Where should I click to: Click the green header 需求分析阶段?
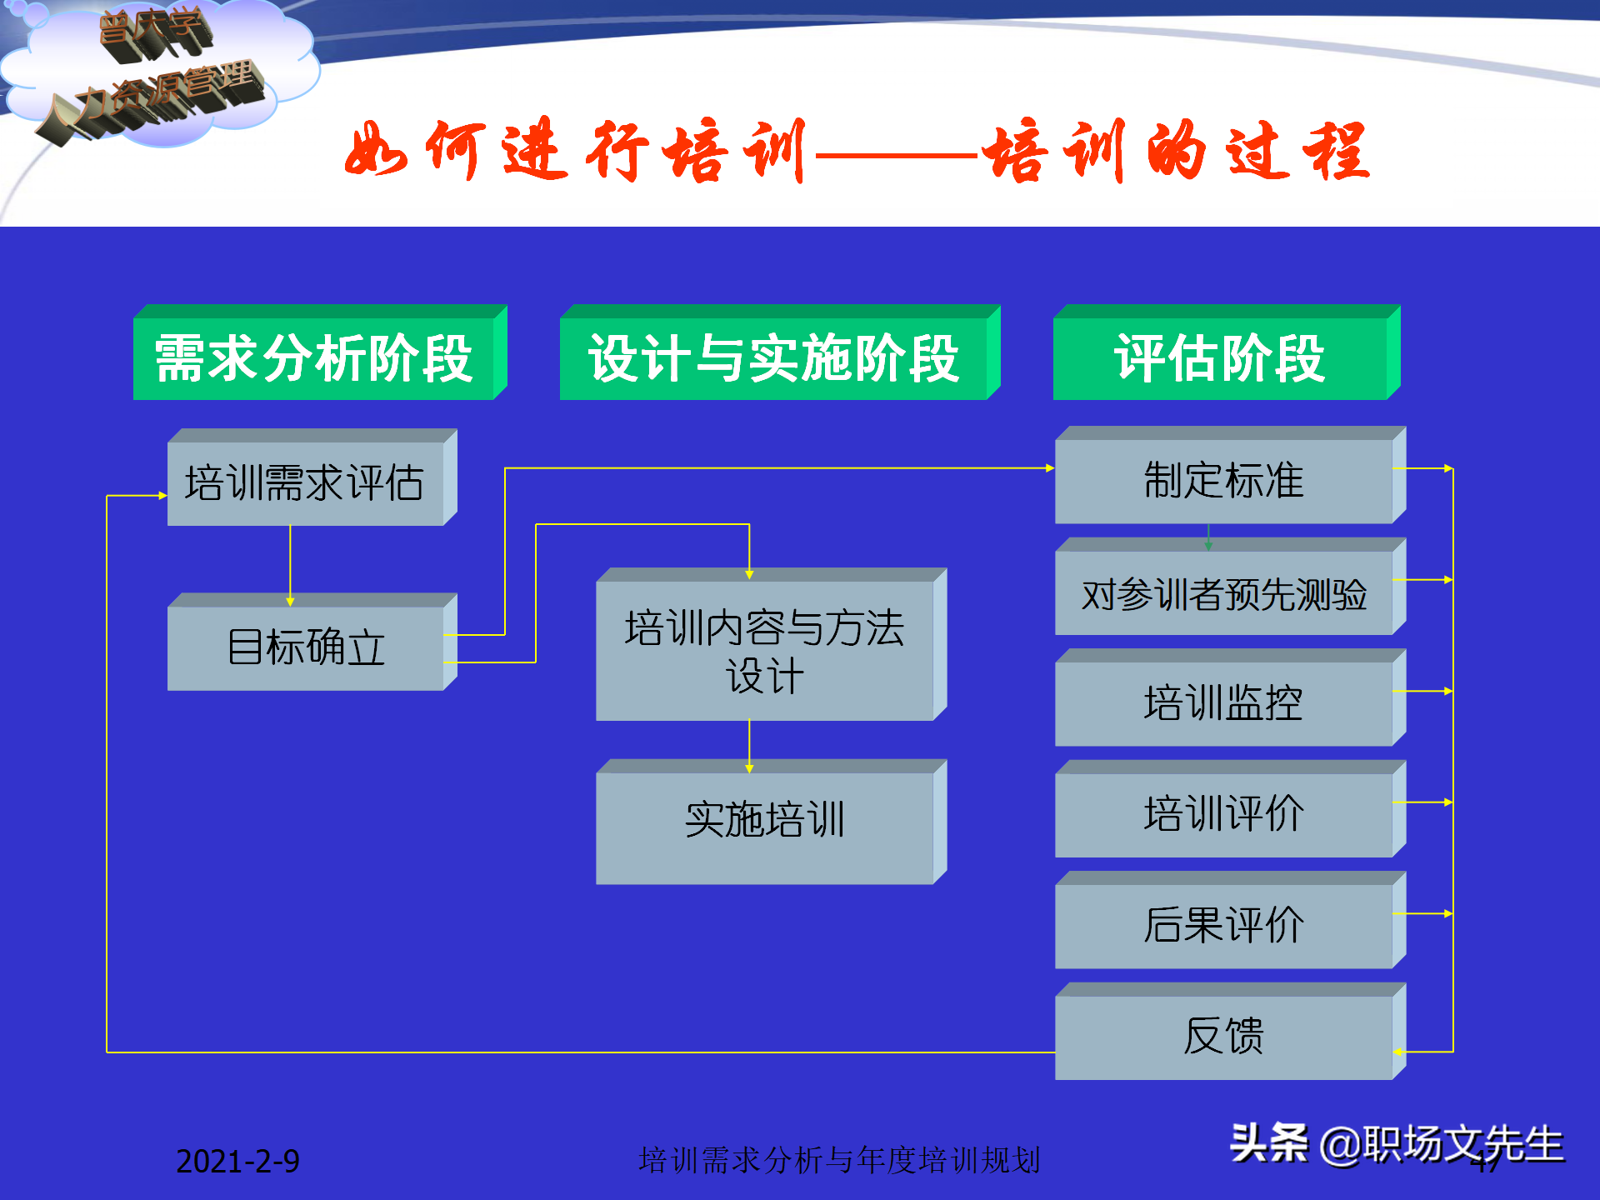pos(314,358)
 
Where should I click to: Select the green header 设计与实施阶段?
pos(773,358)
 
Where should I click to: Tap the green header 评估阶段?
pos(1220,358)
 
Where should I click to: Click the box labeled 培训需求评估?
pos(305,482)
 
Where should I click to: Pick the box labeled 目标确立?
pos(305,647)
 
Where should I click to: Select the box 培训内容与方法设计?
pos(764,650)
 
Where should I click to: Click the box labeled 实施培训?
pos(764,820)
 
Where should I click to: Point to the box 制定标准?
pos(1223,481)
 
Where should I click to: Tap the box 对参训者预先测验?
pos(1223,593)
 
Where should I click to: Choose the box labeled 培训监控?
pos(1223,703)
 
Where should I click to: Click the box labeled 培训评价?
pos(1223,814)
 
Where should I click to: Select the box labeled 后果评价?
pos(1223,926)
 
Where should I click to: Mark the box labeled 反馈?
pos(1223,1037)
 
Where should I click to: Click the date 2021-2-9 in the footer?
pos(237,1161)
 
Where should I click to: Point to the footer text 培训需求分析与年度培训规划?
pos(839,1160)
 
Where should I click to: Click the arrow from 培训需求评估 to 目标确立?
pos(290,562)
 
